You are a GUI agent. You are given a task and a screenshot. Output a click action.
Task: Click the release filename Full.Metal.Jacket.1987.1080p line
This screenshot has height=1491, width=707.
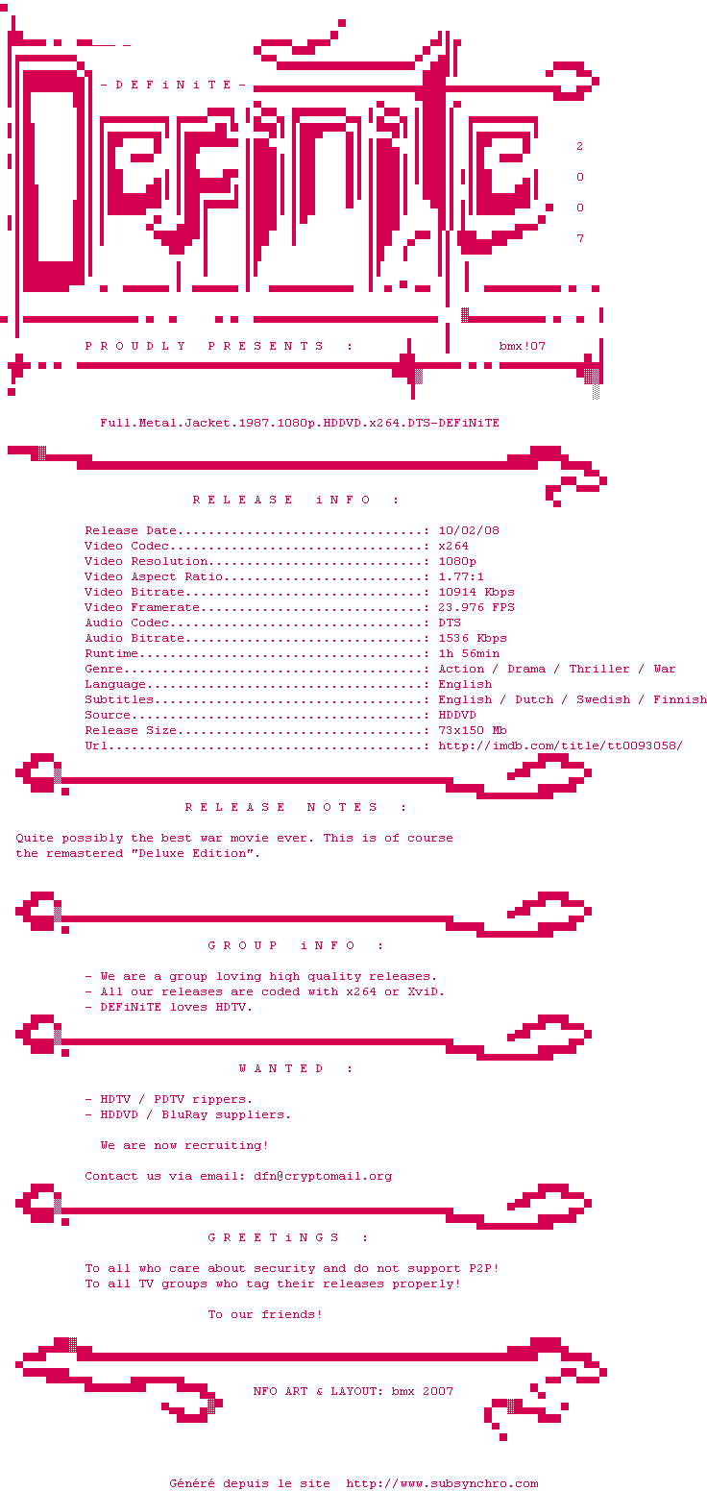(x=300, y=423)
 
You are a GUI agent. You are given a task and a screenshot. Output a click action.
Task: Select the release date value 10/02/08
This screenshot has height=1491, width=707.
(x=469, y=530)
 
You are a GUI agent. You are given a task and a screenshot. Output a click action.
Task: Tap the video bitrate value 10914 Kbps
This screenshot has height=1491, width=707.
(x=476, y=592)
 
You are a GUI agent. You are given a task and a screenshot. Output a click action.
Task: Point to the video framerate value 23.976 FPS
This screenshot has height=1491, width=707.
(x=476, y=607)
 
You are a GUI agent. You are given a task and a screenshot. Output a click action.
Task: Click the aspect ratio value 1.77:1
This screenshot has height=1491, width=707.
(x=461, y=576)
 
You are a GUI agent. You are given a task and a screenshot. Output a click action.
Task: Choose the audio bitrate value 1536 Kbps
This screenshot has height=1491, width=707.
(x=473, y=638)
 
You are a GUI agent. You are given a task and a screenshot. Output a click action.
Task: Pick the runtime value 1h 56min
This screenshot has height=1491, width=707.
(x=469, y=653)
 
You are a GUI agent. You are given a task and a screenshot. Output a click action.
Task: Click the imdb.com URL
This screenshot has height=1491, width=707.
(x=561, y=745)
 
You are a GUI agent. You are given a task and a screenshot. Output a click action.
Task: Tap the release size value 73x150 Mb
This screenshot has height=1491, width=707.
(x=473, y=730)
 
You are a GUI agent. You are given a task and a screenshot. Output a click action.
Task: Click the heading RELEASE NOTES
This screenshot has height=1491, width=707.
(x=296, y=807)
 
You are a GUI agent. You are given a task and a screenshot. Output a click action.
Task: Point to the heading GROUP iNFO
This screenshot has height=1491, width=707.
(x=296, y=945)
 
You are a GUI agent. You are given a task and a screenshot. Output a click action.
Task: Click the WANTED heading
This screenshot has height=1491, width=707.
(x=296, y=1068)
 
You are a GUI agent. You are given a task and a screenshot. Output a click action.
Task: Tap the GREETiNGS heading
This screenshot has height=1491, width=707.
(x=288, y=1237)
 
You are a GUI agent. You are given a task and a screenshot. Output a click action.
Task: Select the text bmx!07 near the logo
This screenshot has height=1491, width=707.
(x=523, y=346)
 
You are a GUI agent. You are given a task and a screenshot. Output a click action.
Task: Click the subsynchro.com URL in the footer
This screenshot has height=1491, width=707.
(x=442, y=1483)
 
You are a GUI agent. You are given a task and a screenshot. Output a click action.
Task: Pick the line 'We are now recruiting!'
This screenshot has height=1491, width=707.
(x=184, y=1145)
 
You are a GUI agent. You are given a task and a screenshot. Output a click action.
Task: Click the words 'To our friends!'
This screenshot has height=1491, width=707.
(x=265, y=1314)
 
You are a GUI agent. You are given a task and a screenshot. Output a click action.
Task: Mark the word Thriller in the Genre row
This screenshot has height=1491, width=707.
(x=599, y=669)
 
